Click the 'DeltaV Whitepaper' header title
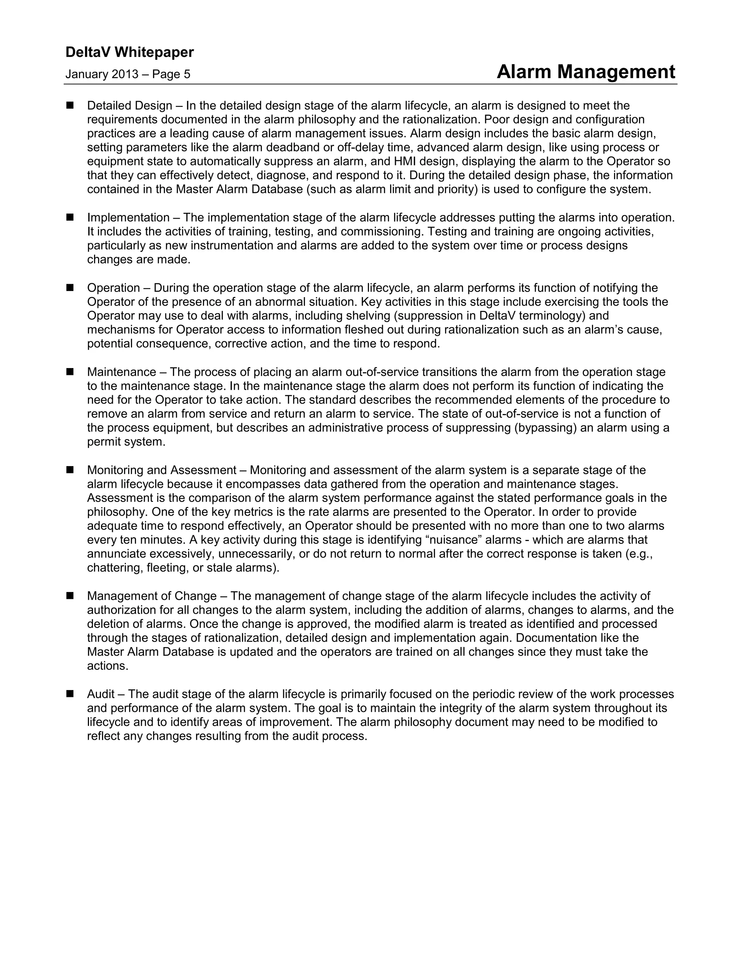point(130,52)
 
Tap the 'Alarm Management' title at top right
point(586,72)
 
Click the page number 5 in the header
point(187,74)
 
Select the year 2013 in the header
point(125,74)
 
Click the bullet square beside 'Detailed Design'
point(70,105)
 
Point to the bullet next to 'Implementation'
point(70,217)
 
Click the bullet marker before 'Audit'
point(70,694)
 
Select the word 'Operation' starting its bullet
point(113,288)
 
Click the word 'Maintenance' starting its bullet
point(121,372)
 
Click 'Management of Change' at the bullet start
point(152,596)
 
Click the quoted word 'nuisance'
point(453,540)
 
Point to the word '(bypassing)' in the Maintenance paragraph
point(545,428)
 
